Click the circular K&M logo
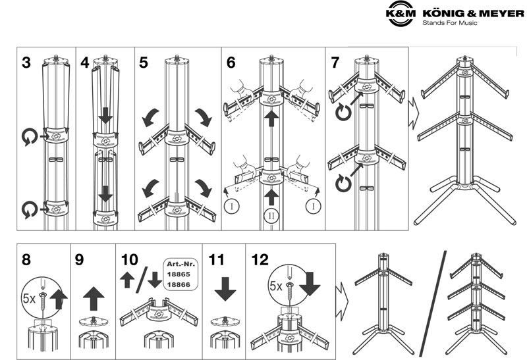coord(399,16)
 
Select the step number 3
coord(26,63)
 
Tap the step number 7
coord(336,63)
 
